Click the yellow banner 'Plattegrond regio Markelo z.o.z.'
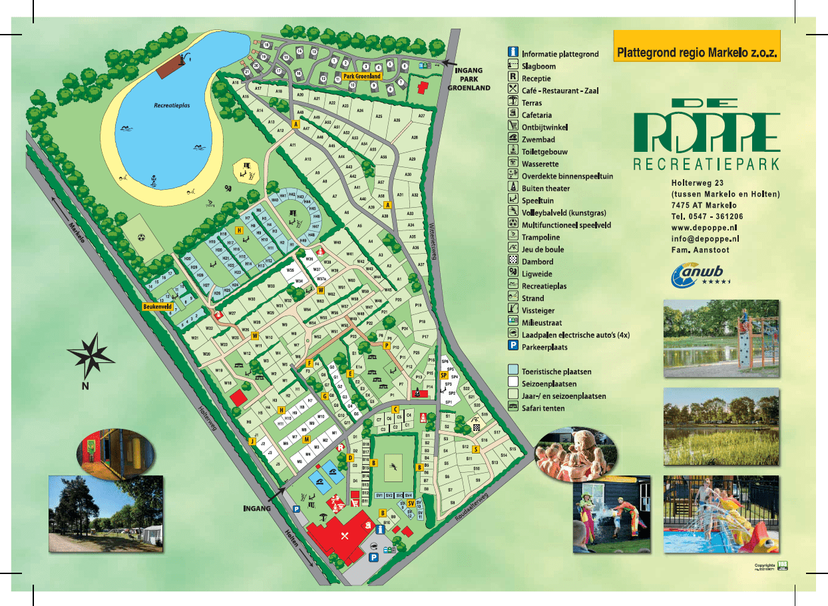(696, 51)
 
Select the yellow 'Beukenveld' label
(158, 307)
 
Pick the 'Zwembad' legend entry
(538, 140)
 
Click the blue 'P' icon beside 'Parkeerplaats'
(513, 347)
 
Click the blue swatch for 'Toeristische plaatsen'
(513, 372)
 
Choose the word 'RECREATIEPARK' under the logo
(706, 164)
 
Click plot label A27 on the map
(421, 116)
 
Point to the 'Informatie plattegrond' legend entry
(560, 54)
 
